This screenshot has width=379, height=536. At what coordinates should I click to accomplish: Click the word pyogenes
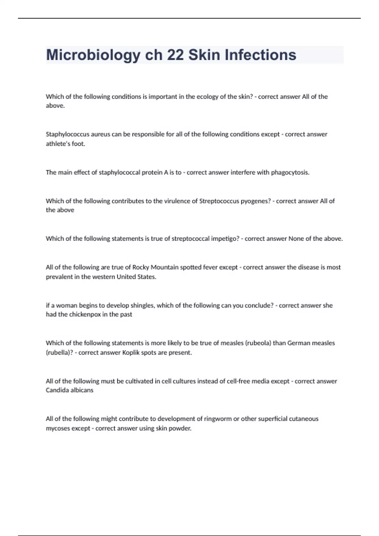tap(256, 201)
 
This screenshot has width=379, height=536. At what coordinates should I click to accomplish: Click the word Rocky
tap(141, 267)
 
